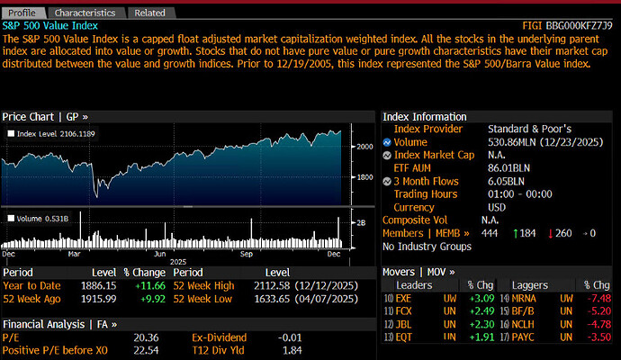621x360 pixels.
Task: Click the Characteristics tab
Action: (85, 13)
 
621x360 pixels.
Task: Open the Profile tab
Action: (24, 13)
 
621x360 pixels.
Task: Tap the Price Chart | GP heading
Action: (45, 117)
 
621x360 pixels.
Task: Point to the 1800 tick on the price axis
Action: (363, 177)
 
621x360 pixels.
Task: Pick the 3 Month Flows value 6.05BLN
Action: (507, 181)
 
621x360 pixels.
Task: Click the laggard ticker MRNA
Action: (525, 297)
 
